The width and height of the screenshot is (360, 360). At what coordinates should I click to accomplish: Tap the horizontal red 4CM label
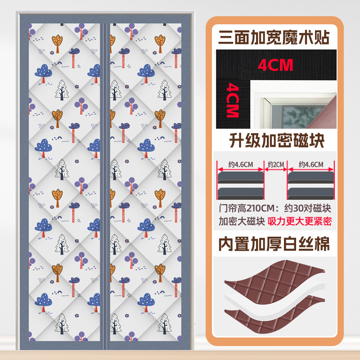[x=275, y=65]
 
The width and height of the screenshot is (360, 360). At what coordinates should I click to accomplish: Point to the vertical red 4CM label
[x=232, y=100]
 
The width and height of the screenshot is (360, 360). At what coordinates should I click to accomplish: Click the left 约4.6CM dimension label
[x=240, y=165]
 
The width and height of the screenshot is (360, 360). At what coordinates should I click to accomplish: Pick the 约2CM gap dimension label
[x=275, y=165]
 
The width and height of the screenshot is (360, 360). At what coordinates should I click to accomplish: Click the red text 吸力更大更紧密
[x=299, y=222]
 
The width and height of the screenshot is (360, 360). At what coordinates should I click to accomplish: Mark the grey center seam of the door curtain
[x=104, y=180]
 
